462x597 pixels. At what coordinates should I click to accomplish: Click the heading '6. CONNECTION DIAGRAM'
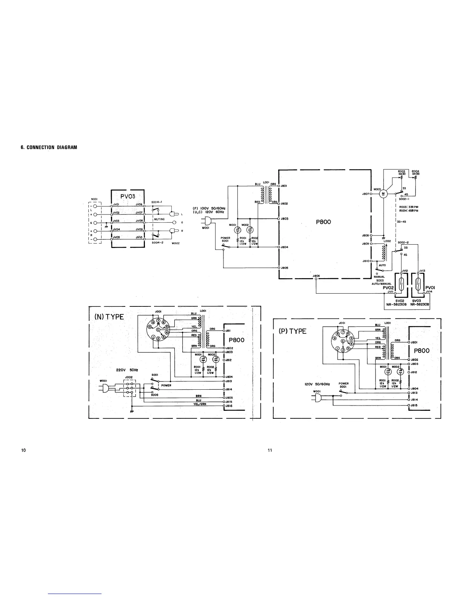coord(49,147)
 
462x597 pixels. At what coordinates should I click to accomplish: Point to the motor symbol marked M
coord(383,194)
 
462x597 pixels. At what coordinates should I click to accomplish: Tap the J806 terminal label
coord(316,276)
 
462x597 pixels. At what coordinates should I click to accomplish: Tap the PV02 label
coord(388,288)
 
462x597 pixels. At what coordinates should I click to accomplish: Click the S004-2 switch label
coord(157,243)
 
